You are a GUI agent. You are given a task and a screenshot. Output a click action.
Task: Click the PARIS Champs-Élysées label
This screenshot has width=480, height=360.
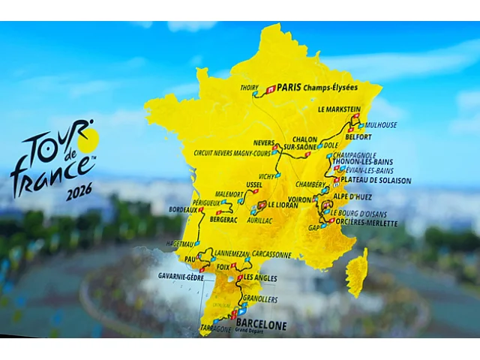tap(317, 87)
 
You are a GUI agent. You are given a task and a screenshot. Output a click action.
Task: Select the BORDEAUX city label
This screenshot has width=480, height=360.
tap(181, 210)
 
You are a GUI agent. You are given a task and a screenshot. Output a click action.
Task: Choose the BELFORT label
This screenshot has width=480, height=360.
tap(377, 137)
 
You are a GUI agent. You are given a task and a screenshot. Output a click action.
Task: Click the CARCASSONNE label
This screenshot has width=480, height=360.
tap(266, 254)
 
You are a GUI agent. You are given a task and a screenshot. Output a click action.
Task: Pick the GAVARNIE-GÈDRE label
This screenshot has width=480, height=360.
tap(181, 276)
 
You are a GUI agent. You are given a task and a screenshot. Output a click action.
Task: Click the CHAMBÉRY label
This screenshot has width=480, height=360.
tap(310, 184)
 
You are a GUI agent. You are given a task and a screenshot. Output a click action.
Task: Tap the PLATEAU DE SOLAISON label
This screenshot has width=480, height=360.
tap(376, 180)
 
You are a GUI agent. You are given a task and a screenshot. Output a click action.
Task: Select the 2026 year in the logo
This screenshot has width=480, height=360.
tap(79, 193)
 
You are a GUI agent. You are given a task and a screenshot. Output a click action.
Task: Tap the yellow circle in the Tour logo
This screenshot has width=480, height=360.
tap(88, 139)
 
